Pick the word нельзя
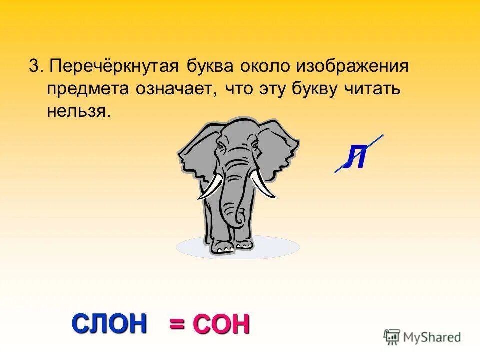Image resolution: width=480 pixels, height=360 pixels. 78,110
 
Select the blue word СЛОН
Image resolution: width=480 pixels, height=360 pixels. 110,323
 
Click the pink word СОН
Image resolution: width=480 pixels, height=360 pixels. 221,324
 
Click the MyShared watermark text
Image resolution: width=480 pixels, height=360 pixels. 433,337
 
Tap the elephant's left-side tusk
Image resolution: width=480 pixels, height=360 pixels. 210,187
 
